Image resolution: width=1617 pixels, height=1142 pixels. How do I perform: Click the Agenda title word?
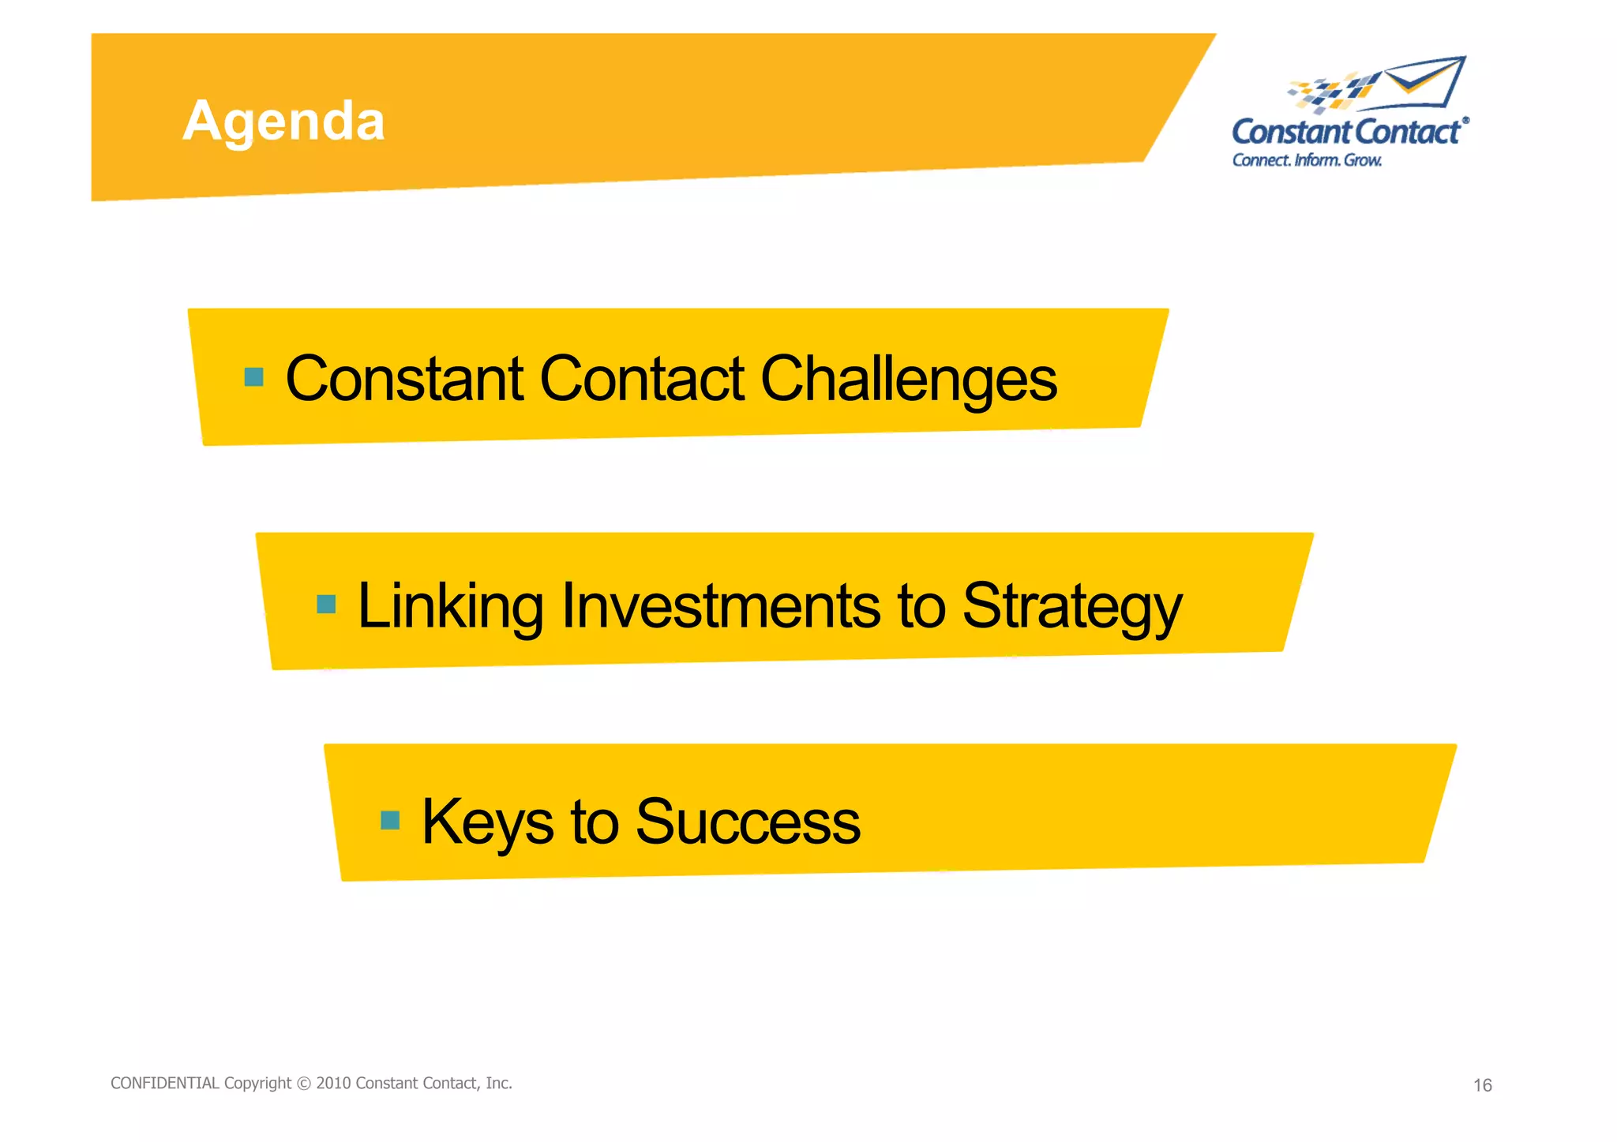point(283,122)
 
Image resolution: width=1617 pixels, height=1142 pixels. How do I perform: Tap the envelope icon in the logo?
point(1425,82)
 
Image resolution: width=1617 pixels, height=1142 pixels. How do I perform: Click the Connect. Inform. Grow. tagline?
point(1307,160)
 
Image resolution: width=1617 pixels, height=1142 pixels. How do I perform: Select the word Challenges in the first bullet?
point(908,380)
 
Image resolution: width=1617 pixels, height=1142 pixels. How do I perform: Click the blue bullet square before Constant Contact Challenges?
point(253,377)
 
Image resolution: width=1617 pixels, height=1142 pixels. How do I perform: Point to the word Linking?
point(451,606)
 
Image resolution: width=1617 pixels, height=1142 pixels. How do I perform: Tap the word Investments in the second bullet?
point(720,606)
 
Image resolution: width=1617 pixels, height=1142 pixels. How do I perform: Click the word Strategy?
point(1071,606)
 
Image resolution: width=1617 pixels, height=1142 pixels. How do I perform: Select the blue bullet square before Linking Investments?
point(326,605)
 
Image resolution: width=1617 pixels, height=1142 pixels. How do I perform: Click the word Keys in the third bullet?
point(487,822)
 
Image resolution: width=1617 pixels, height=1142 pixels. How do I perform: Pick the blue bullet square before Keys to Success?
point(390,821)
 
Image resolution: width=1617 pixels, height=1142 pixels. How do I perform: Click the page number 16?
point(1482,1085)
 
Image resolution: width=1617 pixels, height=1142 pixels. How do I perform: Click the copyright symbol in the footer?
point(304,1084)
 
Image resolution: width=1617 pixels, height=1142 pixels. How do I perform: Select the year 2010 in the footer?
point(333,1083)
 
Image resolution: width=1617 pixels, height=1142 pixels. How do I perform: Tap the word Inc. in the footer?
point(498,1083)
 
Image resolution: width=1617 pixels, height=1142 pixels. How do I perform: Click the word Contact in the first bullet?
point(641,380)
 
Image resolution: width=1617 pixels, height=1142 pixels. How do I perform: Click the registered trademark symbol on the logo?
point(1465,121)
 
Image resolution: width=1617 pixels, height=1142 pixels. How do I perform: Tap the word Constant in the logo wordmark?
point(1292,133)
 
